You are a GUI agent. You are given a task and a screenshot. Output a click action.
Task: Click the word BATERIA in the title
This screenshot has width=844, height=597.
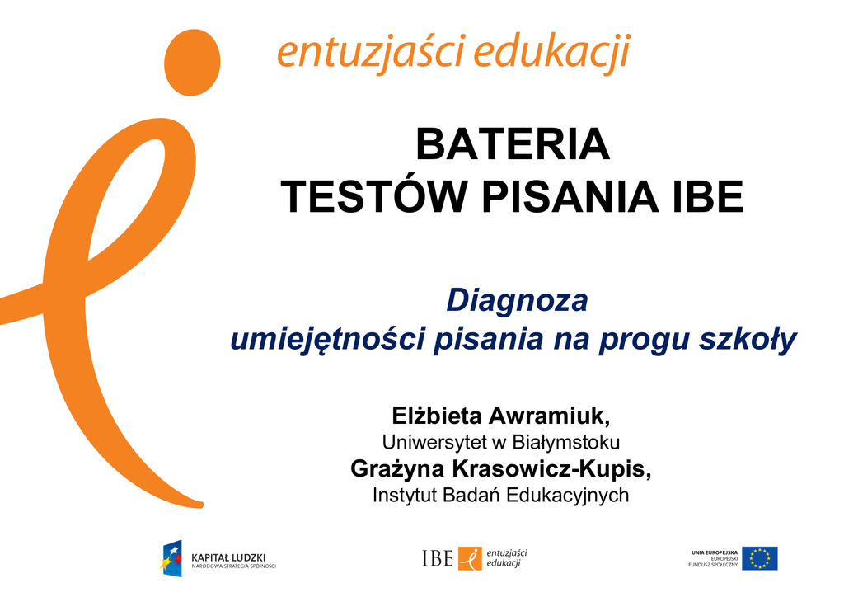coord(513,144)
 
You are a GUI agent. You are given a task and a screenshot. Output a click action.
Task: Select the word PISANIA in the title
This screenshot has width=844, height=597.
coord(570,196)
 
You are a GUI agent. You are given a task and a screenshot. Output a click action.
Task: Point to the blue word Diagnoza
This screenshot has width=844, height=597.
coord(518,300)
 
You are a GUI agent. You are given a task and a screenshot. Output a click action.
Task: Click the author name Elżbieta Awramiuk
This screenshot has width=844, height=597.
coord(501,416)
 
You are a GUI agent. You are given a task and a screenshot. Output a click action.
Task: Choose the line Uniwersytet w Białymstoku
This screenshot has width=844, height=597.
coord(501,442)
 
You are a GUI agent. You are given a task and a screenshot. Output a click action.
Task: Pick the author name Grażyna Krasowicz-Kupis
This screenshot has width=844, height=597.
coord(501,468)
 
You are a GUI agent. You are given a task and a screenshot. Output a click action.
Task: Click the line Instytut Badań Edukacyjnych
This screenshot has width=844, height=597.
coord(501,495)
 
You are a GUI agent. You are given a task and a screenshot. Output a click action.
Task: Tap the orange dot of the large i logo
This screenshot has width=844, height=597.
coord(192,63)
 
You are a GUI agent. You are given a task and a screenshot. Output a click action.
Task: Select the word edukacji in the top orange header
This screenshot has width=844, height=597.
coord(551,52)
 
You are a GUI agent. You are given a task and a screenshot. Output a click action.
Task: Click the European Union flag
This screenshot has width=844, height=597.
coord(759,558)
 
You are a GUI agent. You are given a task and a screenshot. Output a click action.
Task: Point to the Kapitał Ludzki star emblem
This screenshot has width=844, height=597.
coord(171,559)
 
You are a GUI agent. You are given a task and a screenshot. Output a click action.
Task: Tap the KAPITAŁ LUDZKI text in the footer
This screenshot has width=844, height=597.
coord(228,557)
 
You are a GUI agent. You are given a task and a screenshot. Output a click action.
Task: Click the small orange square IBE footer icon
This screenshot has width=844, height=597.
coord(470,558)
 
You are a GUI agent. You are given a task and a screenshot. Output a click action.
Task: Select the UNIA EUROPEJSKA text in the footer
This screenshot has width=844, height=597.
coord(715,552)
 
